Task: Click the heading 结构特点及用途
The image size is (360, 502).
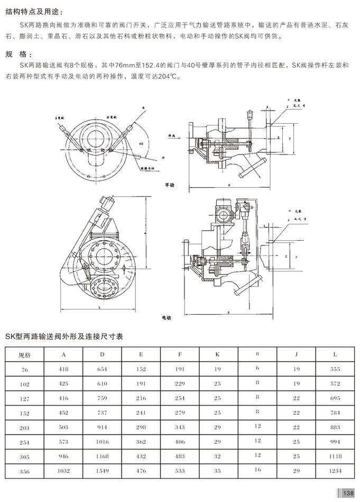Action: click(33, 11)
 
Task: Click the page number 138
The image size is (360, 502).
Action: click(348, 493)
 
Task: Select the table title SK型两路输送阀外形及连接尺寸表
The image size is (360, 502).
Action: click(64, 336)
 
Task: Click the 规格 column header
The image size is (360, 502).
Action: click(25, 354)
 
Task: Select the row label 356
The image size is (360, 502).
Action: click(25, 471)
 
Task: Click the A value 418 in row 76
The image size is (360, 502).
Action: click(63, 369)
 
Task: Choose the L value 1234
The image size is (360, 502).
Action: click(335, 470)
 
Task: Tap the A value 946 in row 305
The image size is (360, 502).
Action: click(63, 455)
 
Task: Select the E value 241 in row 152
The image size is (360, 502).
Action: click(141, 412)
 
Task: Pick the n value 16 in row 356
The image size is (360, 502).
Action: click(257, 469)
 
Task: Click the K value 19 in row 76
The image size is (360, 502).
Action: click(218, 369)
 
